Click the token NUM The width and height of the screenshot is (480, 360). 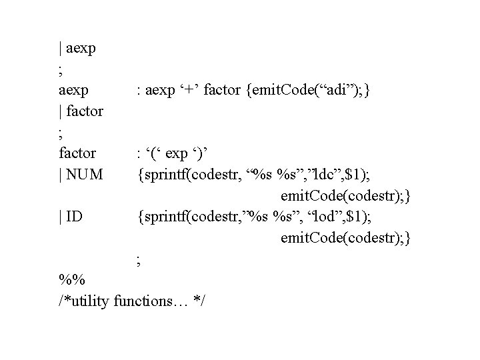pos(85,175)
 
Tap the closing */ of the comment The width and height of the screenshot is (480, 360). pos(199,301)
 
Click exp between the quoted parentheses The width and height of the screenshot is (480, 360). pos(177,154)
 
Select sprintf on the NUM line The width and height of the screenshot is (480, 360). pos(163,175)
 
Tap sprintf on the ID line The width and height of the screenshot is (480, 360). pos(163,217)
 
